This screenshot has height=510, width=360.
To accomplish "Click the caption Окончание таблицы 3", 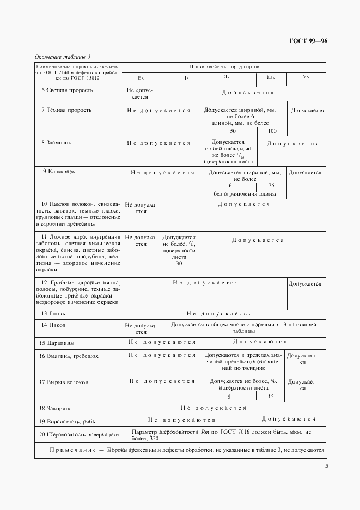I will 63,57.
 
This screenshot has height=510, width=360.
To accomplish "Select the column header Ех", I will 141,78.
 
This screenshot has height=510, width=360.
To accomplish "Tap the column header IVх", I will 306,77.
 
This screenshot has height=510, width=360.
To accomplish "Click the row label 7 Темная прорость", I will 66,110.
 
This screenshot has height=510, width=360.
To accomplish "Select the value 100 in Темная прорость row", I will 272,131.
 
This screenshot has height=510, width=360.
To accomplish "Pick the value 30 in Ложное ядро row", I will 179,264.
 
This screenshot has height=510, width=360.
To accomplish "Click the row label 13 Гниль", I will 53,314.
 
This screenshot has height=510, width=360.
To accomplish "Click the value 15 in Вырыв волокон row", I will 271,397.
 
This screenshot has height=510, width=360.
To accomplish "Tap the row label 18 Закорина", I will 58,408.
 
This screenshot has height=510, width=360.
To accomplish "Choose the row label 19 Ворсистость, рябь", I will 68,421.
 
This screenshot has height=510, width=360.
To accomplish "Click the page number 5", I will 326,466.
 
